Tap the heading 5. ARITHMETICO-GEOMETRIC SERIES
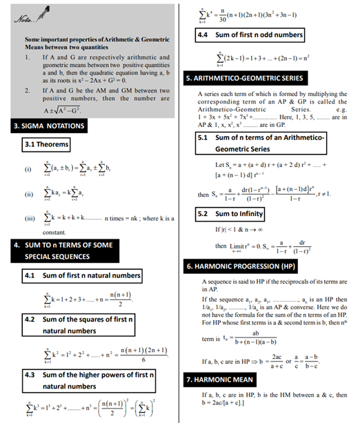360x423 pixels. point(251,79)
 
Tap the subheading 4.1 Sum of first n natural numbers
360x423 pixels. point(81,275)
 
